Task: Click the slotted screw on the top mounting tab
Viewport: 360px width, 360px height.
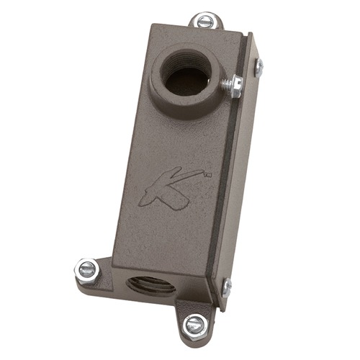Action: coord(205,21)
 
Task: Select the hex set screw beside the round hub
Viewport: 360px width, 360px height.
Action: coord(233,86)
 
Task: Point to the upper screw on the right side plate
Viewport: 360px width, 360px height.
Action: coord(258,67)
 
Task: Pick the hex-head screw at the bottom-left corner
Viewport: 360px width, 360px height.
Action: coord(86,270)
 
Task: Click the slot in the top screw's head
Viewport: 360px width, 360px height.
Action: coord(205,21)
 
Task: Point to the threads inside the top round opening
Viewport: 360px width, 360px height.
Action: coord(176,65)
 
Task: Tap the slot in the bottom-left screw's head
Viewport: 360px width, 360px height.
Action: coord(86,270)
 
